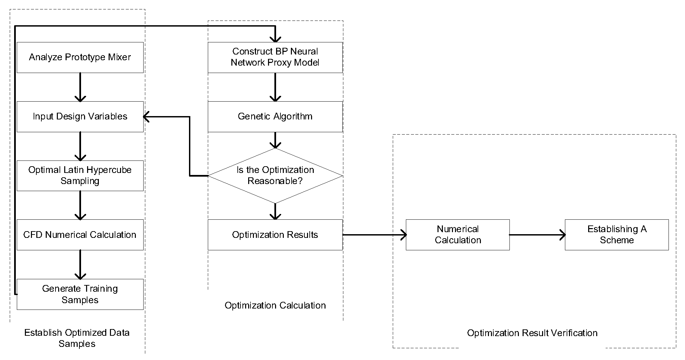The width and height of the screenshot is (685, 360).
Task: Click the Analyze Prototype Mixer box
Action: [80, 57]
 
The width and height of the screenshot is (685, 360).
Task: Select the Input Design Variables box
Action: [80, 116]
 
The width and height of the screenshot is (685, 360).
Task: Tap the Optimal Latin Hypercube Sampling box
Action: [80, 176]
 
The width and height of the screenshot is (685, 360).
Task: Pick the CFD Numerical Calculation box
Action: [80, 235]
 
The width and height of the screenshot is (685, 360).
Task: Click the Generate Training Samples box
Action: [80, 294]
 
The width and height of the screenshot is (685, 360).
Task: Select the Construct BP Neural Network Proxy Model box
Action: [275, 57]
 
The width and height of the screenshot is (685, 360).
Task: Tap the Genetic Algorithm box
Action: [275, 116]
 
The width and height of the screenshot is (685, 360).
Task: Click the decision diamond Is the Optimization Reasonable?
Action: [275, 176]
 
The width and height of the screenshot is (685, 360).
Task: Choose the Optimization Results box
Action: [275, 235]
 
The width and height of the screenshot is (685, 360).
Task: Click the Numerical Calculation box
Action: [458, 235]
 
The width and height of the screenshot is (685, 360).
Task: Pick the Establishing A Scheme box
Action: [617, 235]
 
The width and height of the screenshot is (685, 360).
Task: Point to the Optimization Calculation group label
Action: [275, 305]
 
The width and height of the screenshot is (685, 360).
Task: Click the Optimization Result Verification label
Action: [532, 333]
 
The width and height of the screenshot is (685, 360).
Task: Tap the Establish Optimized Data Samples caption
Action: [77, 338]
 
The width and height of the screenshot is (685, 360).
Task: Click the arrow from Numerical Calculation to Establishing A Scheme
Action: [537, 235]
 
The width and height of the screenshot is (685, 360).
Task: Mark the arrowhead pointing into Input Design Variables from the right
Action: [147, 117]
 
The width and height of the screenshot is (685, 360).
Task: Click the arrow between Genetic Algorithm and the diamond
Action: [275, 140]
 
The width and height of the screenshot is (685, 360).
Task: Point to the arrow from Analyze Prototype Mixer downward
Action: [80, 87]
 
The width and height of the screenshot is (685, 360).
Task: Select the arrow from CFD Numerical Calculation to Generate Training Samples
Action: [80, 264]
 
